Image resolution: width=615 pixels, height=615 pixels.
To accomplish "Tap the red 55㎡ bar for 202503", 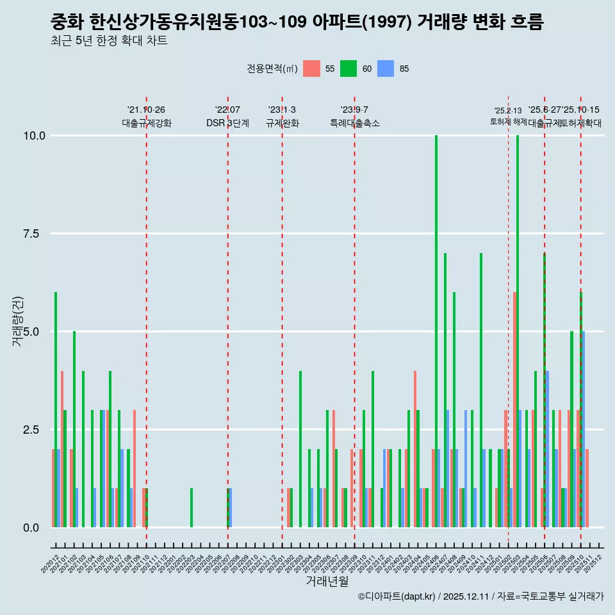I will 514,410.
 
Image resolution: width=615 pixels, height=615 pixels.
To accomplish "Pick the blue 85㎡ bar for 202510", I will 583,429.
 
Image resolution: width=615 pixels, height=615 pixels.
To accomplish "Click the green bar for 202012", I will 56,410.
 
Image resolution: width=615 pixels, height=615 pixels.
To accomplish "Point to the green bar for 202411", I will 481,390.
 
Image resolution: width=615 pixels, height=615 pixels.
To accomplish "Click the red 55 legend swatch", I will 311,69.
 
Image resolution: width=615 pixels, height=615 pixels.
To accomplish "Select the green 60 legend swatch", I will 348,69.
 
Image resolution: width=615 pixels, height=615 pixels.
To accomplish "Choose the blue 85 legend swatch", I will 385,69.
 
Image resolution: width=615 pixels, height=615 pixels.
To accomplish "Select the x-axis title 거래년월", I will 327,581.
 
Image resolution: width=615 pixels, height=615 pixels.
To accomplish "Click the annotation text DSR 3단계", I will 227,123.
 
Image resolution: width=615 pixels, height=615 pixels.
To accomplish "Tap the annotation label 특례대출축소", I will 355,123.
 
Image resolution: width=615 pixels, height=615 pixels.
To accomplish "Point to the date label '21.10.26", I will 146,110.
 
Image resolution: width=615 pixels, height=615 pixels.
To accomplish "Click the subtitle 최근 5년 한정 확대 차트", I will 109,41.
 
